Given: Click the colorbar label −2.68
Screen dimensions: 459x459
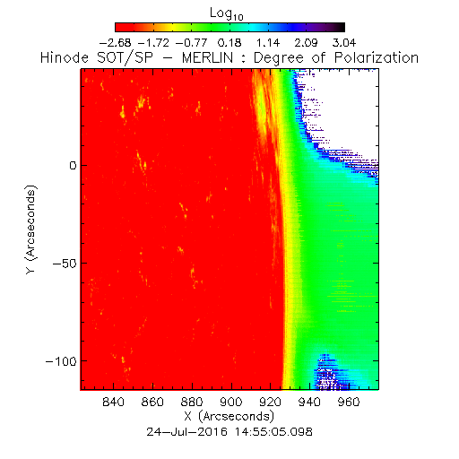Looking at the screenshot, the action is tap(115, 43).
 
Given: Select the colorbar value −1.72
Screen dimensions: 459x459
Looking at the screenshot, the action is tap(153, 43).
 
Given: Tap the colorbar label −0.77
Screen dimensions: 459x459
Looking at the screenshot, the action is tap(192, 43).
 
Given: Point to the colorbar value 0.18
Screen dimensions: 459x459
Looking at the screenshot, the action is tap(229, 43).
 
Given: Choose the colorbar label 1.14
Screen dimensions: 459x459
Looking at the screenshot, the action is tap(268, 43).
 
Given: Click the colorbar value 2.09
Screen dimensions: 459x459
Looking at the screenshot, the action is tap(307, 43).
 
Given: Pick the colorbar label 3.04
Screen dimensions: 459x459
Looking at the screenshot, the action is tap(344, 43).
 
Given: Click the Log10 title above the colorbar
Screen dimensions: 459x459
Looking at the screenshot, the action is tap(227, 13).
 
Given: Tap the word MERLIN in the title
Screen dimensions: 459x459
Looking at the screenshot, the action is tap(207, 57).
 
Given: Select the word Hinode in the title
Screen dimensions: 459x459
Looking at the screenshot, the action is tap(65, 57).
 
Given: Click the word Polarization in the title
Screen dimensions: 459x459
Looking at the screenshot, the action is tap(377, 57).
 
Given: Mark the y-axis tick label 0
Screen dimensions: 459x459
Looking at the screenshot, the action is tap(74, 165).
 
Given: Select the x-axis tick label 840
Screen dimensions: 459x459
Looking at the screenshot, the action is tap(113, 402).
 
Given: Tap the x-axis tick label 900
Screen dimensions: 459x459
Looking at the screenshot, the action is tap(231, 402).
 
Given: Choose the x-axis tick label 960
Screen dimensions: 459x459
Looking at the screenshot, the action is tap(349, 402).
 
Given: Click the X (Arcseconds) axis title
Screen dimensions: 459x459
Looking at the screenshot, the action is tap(229, 417).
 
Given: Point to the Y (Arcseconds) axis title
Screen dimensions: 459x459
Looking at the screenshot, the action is tap(31, 229).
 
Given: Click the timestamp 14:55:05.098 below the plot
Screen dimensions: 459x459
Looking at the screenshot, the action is tap(273, 432).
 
